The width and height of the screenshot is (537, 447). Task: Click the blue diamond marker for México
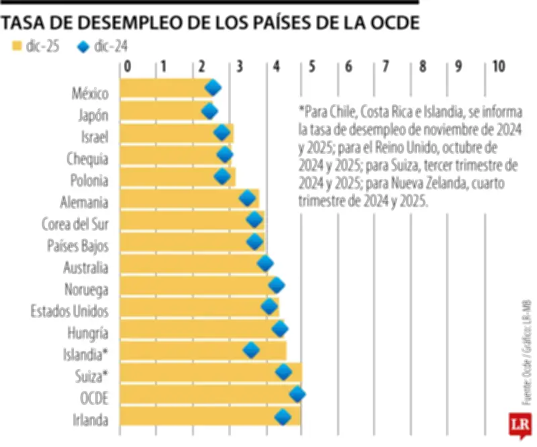coord(213,87)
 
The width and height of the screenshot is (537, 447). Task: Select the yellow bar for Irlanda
coord(201,419)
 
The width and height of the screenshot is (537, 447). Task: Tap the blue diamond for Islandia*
coord(252,350)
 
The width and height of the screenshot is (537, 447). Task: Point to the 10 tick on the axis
coord(498,66)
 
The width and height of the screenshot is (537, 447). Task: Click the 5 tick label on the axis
coord(312,66)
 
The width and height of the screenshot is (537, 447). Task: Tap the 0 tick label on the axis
coord(127,66)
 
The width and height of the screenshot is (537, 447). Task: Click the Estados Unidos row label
coord(70,311)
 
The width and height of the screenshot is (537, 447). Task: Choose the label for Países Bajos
coord(78,245)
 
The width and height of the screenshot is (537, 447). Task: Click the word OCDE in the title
coord(392,23)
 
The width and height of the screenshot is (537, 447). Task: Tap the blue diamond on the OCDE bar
coord(297,395)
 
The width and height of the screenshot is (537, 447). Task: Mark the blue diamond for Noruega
coord(276,286)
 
